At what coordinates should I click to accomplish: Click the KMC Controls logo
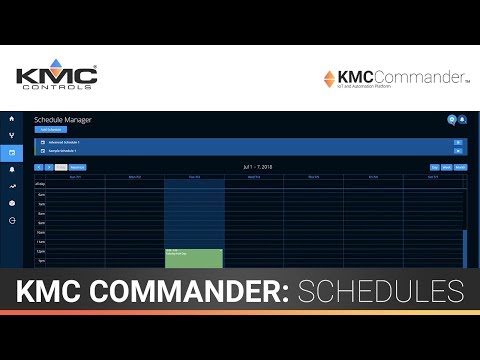[56, 78]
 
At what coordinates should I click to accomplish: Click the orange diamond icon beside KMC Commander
[329, 78]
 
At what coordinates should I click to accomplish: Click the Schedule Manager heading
[62, 120]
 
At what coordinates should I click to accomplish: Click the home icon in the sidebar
[12, 119]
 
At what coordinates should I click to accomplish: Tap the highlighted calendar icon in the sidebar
[12, 152]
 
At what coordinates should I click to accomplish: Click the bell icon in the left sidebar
[12, 169]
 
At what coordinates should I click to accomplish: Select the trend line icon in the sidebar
[12, 186]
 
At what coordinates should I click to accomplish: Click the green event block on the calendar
[193, 258]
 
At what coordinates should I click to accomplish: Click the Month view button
[461, 167]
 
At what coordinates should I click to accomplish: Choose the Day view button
[435, 167]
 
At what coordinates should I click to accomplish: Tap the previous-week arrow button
[38, 167]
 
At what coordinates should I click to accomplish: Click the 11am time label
[40, 242]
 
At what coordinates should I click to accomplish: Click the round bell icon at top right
[463, 120]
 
